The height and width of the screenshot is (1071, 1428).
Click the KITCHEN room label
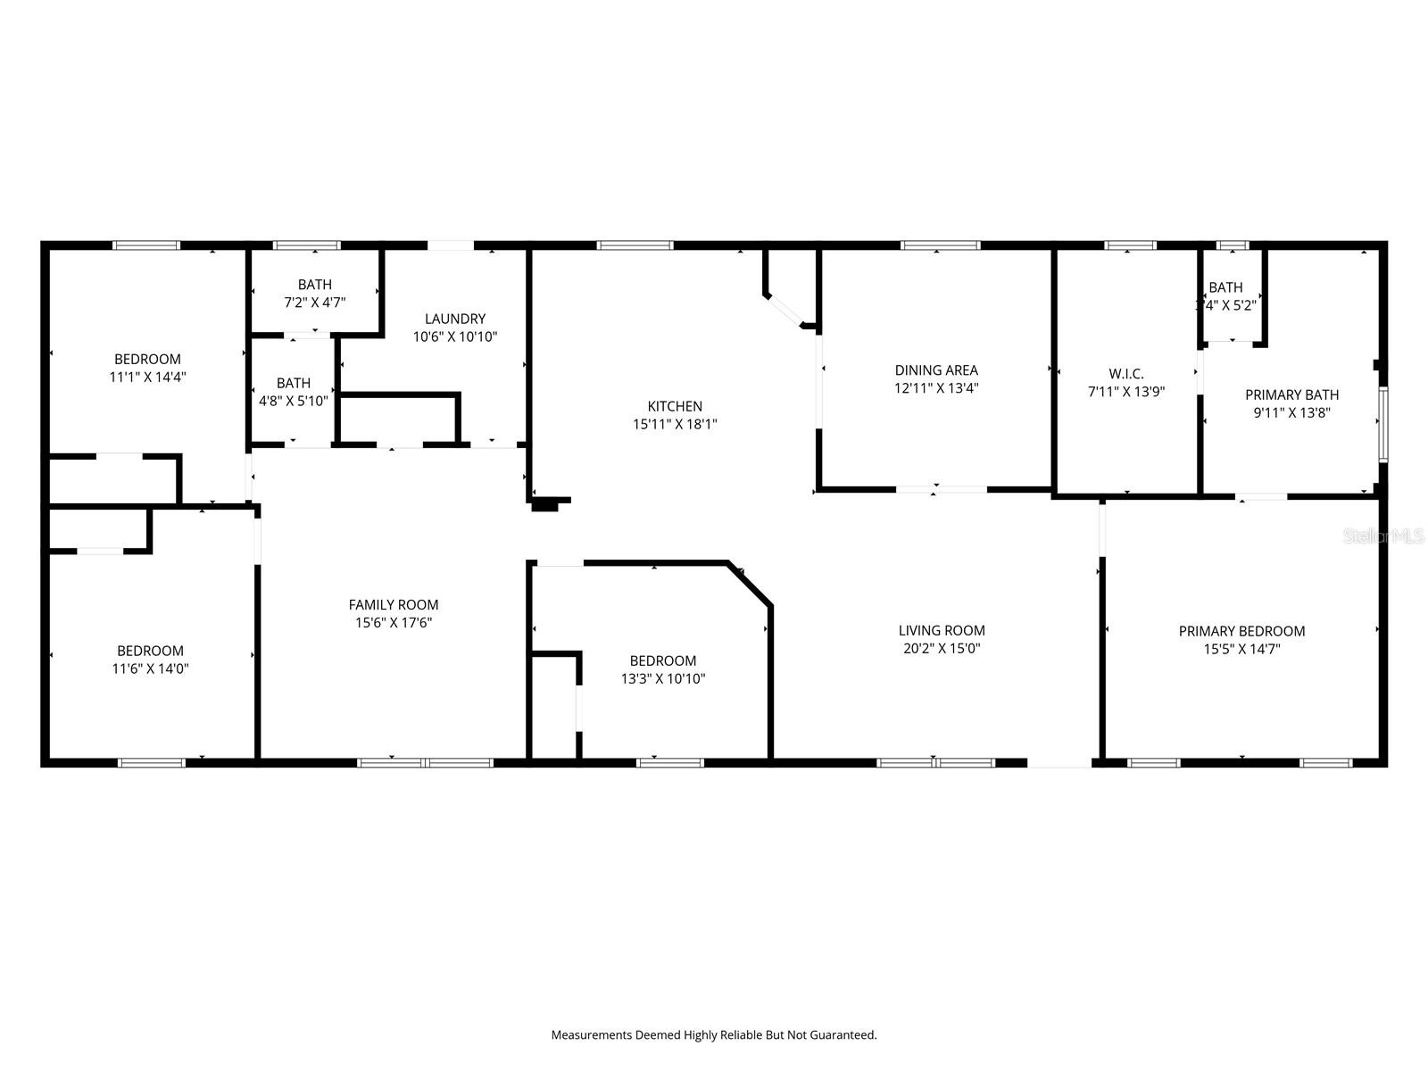675,406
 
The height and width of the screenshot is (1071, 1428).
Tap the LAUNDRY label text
455,319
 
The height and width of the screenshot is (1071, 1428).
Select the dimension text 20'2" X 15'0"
942,649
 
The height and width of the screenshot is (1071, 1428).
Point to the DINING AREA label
936,369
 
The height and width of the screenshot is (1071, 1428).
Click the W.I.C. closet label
1126,374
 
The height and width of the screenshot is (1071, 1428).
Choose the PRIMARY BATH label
1291,394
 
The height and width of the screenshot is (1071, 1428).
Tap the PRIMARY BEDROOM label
1241,631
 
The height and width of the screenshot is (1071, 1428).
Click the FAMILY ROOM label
394,604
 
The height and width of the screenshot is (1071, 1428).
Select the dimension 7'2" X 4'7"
315,303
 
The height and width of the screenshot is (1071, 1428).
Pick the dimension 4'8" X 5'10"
294,401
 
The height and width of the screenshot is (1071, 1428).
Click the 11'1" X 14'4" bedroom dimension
147,377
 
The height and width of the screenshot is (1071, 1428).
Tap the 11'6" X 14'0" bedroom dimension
151,668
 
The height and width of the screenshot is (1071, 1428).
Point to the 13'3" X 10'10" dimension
663,678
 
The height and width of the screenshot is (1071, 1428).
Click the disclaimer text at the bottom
714,1035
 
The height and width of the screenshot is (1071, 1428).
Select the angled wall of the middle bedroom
751,585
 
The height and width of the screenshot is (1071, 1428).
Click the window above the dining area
940,245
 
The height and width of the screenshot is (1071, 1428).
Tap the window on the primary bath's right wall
1382,424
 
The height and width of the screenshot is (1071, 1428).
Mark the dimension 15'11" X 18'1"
675,425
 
